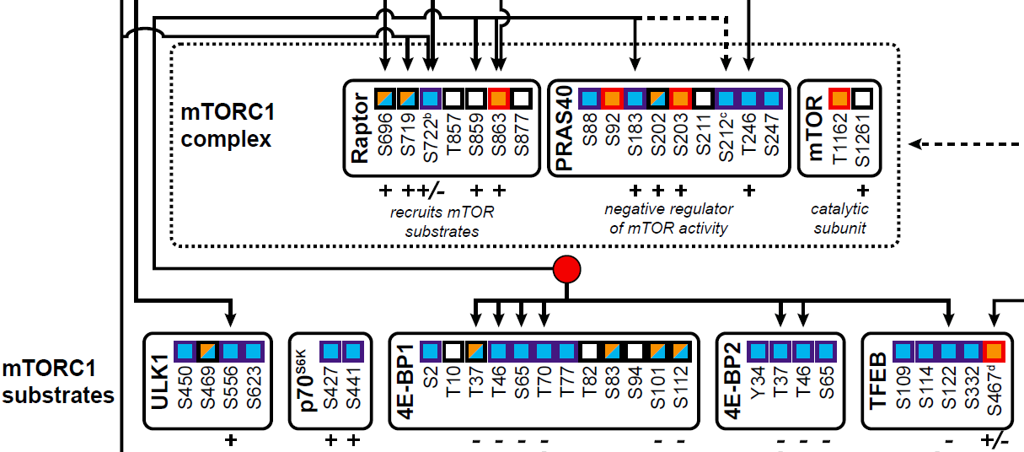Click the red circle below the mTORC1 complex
[567, 270]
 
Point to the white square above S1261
[861, 99]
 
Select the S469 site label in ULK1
[207, 389]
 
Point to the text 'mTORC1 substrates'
[57, 381]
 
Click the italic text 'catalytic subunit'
[839, 218]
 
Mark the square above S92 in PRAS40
[612, 99]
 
